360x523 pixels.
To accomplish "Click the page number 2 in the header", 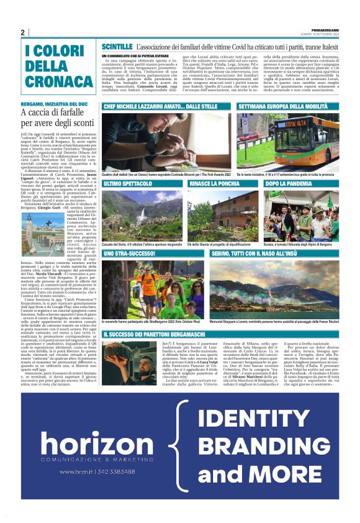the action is (x=23, y=32).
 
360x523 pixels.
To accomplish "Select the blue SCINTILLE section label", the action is (x=117, y=47).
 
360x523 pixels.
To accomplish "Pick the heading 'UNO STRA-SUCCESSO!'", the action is (x=130, y=255).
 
